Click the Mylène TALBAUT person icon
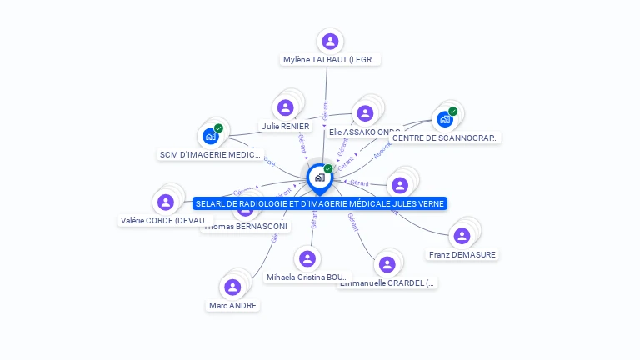330,41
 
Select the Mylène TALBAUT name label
331,60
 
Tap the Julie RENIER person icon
286,107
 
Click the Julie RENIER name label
286,127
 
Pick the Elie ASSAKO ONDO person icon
364,113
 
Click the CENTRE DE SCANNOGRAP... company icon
445,119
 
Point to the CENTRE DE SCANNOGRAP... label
446,138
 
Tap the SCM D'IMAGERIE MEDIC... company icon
211,136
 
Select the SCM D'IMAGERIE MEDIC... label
211,155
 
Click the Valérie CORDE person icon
166,202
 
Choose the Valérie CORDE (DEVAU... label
166,221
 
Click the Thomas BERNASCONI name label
246,227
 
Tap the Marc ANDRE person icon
232,287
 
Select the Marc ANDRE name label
233,306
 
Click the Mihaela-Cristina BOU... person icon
307,258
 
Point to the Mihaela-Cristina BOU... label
308,277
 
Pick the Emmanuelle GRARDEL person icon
387,265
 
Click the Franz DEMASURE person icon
462,236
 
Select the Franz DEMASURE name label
462,255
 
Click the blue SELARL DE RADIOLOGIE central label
320,203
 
